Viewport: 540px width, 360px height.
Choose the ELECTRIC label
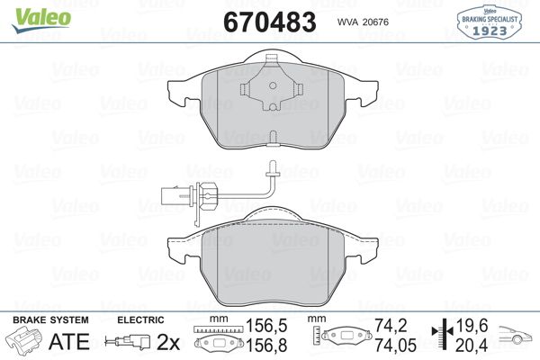click(x=141, y=319)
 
